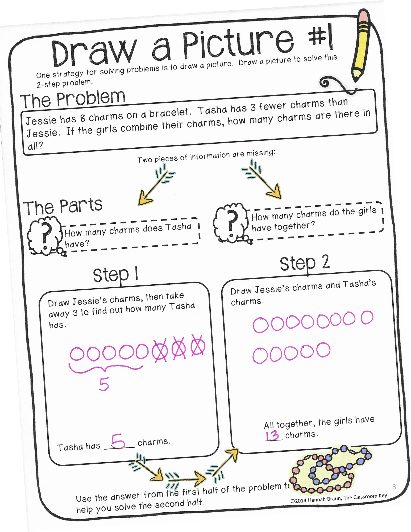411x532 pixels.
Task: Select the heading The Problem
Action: point(73,99)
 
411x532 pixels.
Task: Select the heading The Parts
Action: point(63,206)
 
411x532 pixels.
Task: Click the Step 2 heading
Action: point(304,263)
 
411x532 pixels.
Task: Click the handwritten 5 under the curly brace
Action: point(104,385)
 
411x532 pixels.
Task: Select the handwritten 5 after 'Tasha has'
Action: point(118,441)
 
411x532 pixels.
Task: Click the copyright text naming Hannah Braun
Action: point(338,498)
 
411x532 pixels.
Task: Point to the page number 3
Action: point(394,487)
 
